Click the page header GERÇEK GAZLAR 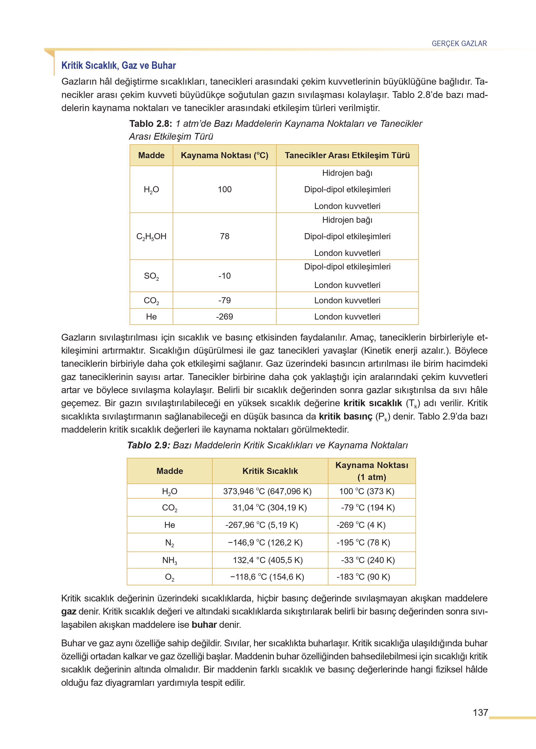[459, 44]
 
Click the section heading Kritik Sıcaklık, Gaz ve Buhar [118, 65]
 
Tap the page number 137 [480, 712]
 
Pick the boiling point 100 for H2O [224, 189]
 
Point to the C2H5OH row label [151, 237]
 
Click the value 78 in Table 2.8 [224, 236]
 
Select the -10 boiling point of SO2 [224, 276]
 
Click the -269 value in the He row [224, 317]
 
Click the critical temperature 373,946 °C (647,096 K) [267, 491]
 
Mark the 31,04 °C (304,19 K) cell [270, 508]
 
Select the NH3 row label [170, 560]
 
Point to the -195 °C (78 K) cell [363, 543]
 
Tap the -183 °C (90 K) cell [363, 577]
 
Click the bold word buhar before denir [204, 625]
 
